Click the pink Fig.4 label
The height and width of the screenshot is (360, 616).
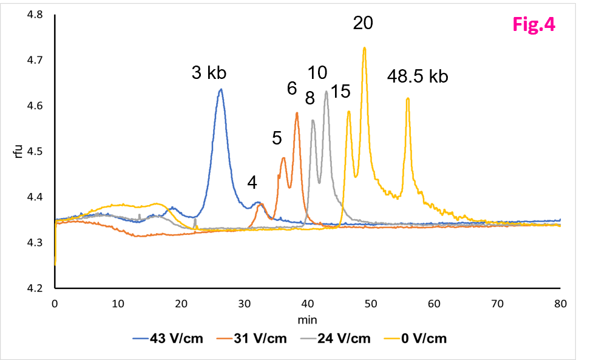coord(534,24)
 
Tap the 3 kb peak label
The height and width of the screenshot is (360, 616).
coord(209,73)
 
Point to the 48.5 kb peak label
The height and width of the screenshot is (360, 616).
coord(418,76)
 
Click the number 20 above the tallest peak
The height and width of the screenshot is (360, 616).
coord(363,23)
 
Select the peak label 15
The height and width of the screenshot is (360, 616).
coord(340,92)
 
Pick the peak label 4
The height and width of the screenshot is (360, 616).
coord(252,182)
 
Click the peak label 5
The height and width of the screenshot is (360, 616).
coord(277,138)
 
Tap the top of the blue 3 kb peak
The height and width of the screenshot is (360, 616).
coord(221,89)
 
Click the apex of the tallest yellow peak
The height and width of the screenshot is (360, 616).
coord(365,48)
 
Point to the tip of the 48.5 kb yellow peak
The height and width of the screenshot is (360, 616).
coord(408,98)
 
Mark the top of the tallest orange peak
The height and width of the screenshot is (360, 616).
coord(297,113)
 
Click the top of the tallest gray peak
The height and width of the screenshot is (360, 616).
coord(327,92)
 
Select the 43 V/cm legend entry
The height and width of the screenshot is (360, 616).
coord(168,338)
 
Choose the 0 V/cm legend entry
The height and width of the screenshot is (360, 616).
coord(416,338)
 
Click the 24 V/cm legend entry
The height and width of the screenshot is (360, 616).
coord(336,338)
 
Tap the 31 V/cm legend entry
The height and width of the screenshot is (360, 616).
coord(252,338)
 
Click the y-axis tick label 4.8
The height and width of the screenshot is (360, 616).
coord(35,15)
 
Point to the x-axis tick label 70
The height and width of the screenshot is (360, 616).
coord(498,304)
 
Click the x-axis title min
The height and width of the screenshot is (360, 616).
coord(307,320)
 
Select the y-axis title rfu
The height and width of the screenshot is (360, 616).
coord(18,151)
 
